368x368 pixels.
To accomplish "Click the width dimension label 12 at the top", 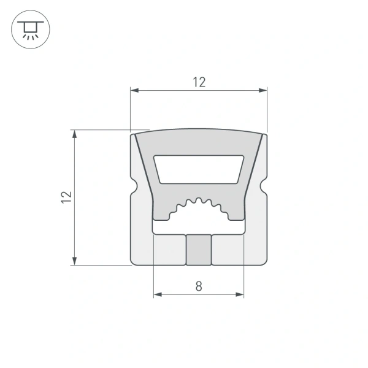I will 199,82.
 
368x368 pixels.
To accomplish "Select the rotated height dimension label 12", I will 67,197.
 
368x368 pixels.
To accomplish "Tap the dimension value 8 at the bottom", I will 198,286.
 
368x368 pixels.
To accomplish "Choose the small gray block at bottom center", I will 199,250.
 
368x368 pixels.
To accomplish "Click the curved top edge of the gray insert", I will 199,131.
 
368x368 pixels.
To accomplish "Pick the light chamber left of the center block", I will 168,250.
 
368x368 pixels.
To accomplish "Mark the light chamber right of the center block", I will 229,250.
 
